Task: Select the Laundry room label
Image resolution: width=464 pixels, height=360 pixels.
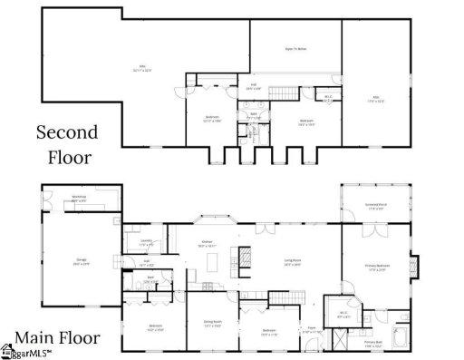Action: [x=145, y=242]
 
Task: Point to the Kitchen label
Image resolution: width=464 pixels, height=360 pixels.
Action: [x=207, y=243]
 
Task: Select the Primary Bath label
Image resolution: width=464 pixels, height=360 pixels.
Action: [x=373, y=345]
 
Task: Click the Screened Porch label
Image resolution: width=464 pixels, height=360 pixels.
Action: [x=374, y=204]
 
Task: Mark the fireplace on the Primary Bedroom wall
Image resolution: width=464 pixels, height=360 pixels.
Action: [x=415, y=267]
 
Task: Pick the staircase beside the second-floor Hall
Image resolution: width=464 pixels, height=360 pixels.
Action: [x=287, y=92]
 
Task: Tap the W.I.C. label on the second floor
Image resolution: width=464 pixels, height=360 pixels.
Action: [x=328, y=97]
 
